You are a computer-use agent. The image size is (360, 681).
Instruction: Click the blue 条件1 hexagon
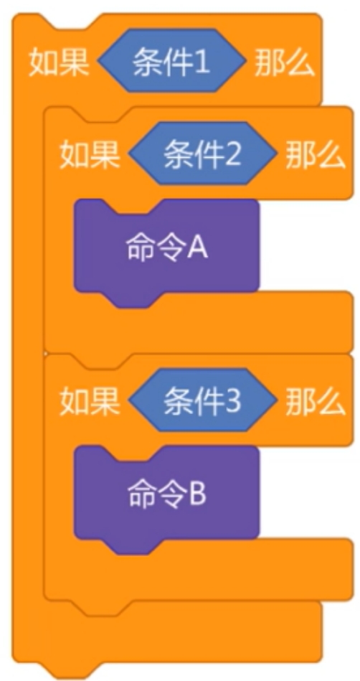[x=172, y=60]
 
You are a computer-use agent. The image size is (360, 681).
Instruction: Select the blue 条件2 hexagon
[x=203, y=154]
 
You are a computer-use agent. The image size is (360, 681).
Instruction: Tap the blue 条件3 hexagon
[x=203, y=400]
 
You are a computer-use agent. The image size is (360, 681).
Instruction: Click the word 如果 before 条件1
[x=59, y=63]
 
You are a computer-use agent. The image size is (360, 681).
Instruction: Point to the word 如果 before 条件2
[x=90, y=155]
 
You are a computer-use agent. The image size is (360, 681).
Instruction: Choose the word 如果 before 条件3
[x=90, y=402]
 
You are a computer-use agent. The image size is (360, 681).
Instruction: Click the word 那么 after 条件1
[x=285, y=63]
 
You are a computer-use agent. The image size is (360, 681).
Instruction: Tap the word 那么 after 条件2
[x=316, y=155]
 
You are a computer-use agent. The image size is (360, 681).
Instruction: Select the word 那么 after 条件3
[x=316, y=402]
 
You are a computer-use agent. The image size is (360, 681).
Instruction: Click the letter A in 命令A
[x=197, y=249]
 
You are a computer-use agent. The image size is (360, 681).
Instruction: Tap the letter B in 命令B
[x=198, y=496]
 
